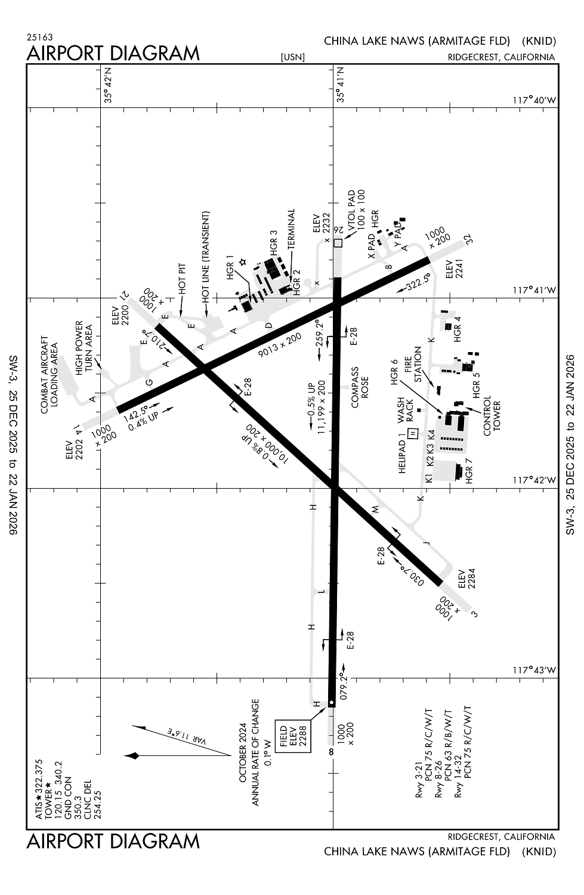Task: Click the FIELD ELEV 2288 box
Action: [292, 736]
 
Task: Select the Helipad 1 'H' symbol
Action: [412, 432]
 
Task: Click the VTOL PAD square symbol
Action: [338, 243]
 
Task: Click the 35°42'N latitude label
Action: [109, 86]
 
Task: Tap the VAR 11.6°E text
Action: [186, 736]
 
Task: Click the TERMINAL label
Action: [292, 229]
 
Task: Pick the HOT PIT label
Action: [183, 279]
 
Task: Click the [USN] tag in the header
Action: [292, 57]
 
